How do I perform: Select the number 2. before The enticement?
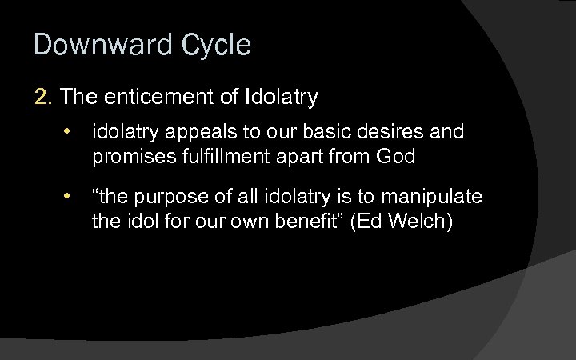pyautogui.click(x=43, y=98)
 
